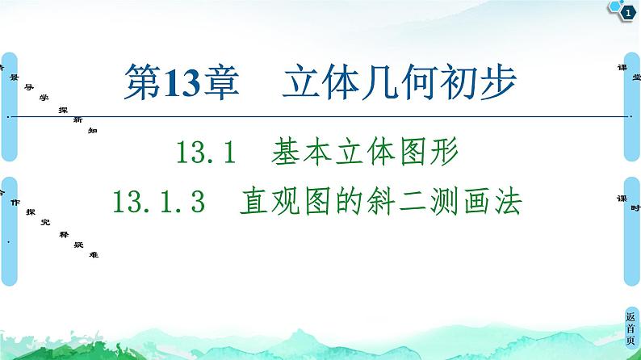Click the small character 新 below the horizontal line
[x=77, y=119]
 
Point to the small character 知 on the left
[x=93, y=131]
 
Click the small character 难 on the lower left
[x=95, y=255]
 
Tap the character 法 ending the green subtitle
[x=507, y=199]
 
